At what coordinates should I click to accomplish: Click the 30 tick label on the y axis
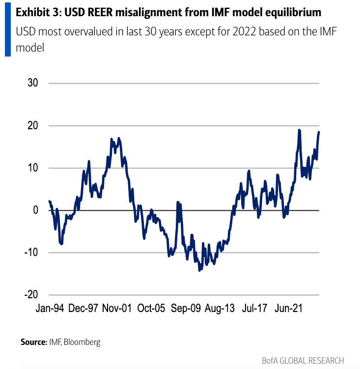click(32, 83)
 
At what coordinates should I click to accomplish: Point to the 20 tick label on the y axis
click(32, 126)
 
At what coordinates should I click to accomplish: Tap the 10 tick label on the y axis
click(32, 168)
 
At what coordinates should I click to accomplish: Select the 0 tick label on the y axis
click(35, 210)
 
